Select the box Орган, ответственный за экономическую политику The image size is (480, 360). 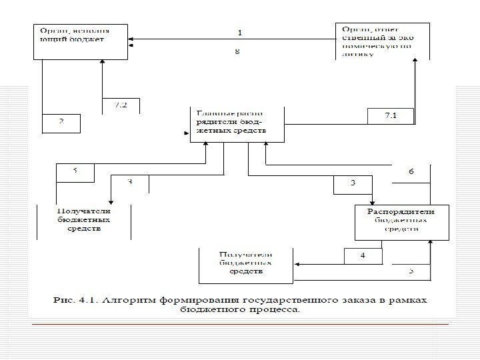click(x=381, y=41)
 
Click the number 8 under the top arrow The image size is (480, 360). click(x=237, y=51)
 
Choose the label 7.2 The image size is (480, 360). click(x=121, y=105)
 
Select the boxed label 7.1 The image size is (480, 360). click(x=391, y=115)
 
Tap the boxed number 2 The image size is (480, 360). click(x=61, y=122)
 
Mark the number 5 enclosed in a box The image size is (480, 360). click(x=75, y=171)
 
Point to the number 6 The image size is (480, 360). click(x=411, y=171)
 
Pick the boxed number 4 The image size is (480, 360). click(x=362, y=255)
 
